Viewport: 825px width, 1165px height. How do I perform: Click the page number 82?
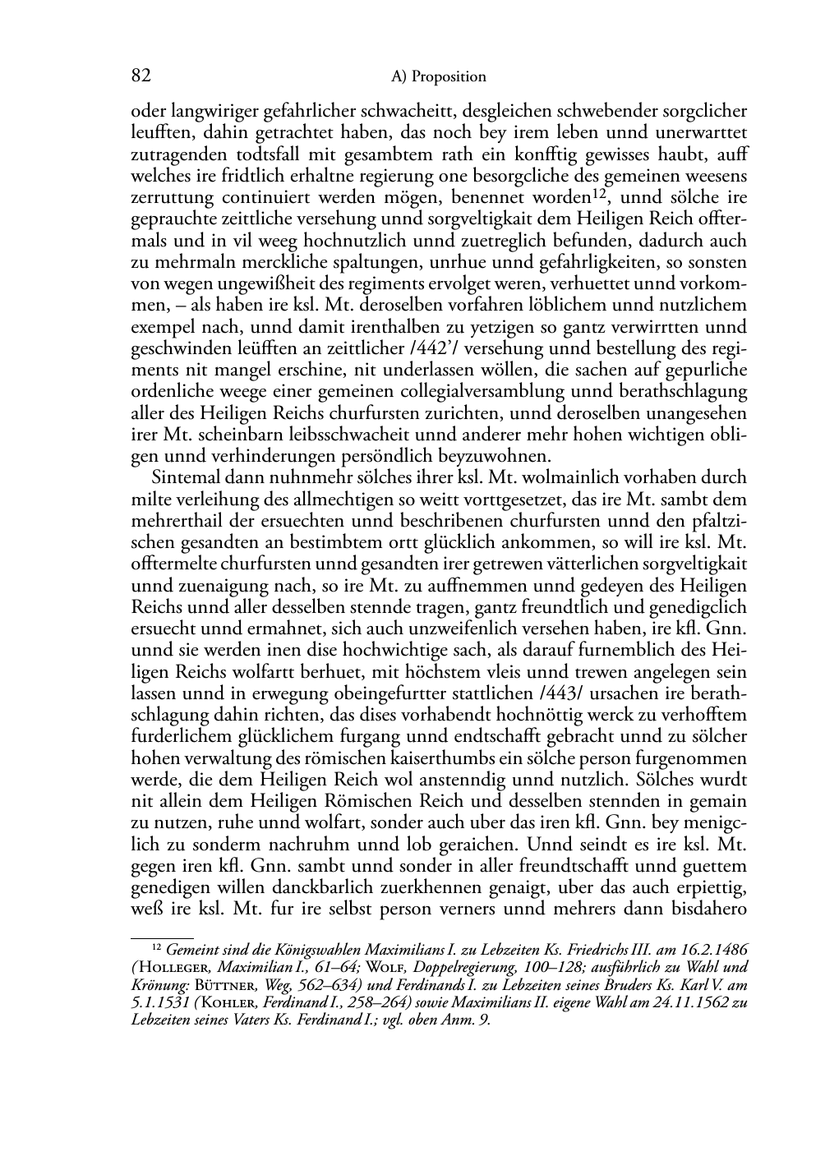(x=141, y=76)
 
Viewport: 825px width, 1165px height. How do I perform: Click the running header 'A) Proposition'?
(x=439, y=77)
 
